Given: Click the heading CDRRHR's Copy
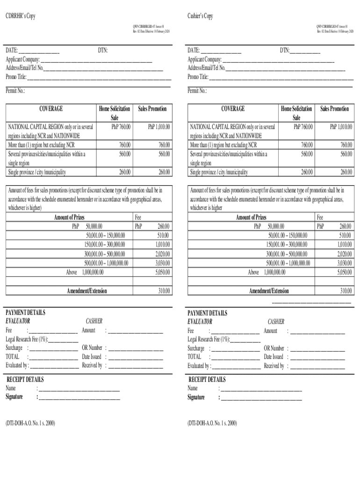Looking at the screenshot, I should (x=21, y=16).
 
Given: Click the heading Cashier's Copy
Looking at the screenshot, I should (x=200, y=16).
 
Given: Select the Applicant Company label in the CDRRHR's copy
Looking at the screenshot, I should (x=22, y=59).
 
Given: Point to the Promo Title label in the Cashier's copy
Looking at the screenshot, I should (x=198, y=77).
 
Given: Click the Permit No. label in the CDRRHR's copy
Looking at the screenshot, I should (x=15, y=91).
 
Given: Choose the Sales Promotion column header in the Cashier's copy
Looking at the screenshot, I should (x=334, y=109).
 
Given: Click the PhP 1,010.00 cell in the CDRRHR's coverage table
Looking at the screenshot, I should (x=159, y=127).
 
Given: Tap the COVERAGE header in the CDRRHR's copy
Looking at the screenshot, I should (x=51, y=109).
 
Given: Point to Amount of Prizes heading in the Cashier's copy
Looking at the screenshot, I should (x=251, y=218).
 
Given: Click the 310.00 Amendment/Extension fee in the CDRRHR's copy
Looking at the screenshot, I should (x=163, y=291).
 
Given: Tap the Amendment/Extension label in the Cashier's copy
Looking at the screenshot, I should (x=269, y=291).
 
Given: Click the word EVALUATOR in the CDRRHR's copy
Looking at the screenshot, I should (x=18, y=321).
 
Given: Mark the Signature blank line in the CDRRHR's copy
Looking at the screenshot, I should (x=79, y=398).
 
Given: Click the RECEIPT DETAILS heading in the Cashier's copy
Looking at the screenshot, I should (x=206, y=379).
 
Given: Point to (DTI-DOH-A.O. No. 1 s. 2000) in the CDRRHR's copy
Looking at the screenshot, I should (x=30, y=423).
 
